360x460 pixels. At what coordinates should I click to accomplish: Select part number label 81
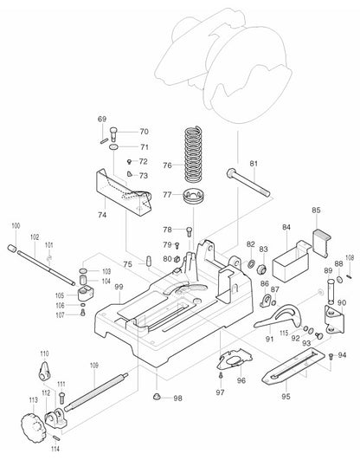[254, 164]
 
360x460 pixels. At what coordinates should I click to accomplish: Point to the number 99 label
[119, 287]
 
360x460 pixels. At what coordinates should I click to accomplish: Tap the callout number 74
[102, 213]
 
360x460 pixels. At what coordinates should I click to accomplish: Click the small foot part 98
[156, 398]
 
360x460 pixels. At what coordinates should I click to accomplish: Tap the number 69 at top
[125, 119]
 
